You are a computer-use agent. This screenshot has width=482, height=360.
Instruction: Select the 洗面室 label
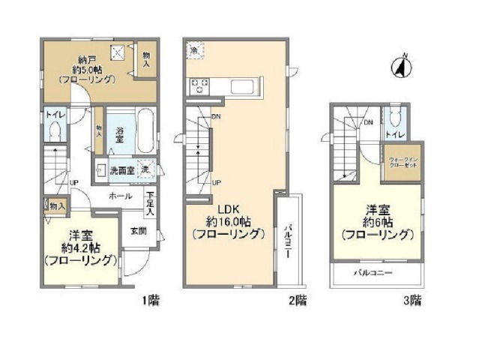(x=120, y=170)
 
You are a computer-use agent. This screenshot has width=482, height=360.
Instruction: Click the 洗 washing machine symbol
(x=147, y=170)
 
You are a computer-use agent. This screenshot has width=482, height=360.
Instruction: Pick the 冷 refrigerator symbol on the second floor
(x=193, y=49)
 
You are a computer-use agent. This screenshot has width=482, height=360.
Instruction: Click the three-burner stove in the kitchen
(x=201, y=86)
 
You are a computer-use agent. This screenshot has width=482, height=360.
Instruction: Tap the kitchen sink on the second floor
(x=245, y=85)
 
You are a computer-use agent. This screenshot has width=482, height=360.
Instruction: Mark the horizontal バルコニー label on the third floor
(x=373, y=273)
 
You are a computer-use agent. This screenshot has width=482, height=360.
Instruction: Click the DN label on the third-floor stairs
(x=369, y=122)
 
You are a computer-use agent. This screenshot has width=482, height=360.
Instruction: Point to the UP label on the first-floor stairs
(x=73, y=182)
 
